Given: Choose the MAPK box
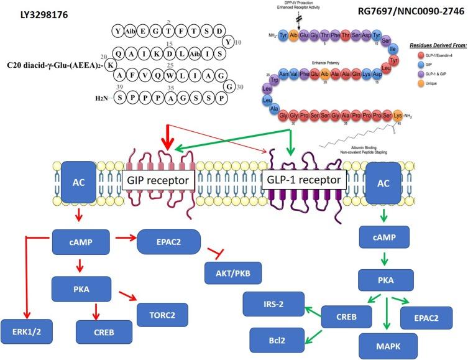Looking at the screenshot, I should [384, 345].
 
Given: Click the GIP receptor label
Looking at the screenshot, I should [158, 181].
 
